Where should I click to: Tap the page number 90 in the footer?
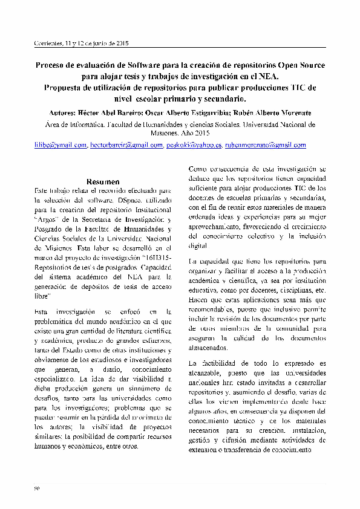click(x=36, y=487)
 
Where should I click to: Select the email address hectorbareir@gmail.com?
click(x=126, y=146)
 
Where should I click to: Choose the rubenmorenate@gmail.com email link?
click(x=265, y=146)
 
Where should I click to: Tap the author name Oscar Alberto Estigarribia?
click(x=194, y=112)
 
